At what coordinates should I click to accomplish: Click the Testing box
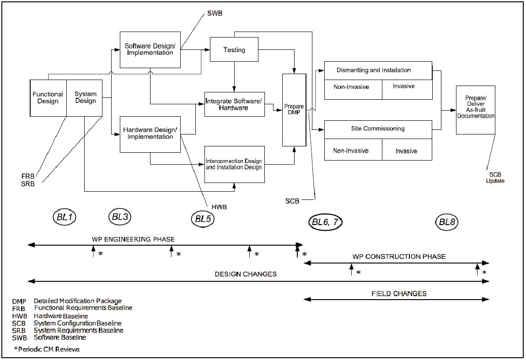[x=234, y=49]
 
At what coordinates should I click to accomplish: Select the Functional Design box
[x=48, y=98]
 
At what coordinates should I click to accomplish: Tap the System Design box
[x=85, y=98]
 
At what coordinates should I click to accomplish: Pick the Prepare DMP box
[x=294, y=110]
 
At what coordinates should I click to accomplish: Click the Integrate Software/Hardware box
[x=235, y=104]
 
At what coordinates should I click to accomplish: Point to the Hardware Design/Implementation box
[x=150, y=134]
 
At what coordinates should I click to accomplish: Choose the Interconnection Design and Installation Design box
[x=235, y=164]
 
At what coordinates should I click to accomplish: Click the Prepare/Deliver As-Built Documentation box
[x=476, y=110]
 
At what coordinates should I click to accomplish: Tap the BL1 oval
[x=65, y=217]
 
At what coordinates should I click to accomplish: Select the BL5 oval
[x=203, y=219]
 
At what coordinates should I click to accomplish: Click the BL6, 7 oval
[x=325, y=222]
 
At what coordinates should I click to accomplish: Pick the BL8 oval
[x=447, y=222]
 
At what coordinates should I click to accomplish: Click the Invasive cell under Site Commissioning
[x=407, y=150]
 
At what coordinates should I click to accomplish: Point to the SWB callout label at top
[x=215, y=13]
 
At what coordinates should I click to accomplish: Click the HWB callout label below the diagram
[x=220, y=207]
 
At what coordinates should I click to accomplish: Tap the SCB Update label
[x=495, y=178]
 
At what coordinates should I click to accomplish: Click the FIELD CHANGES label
[x=399, y=294]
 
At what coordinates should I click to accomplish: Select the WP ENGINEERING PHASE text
[x=133, y=239]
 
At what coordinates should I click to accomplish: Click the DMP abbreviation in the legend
[x=19, y=301]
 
